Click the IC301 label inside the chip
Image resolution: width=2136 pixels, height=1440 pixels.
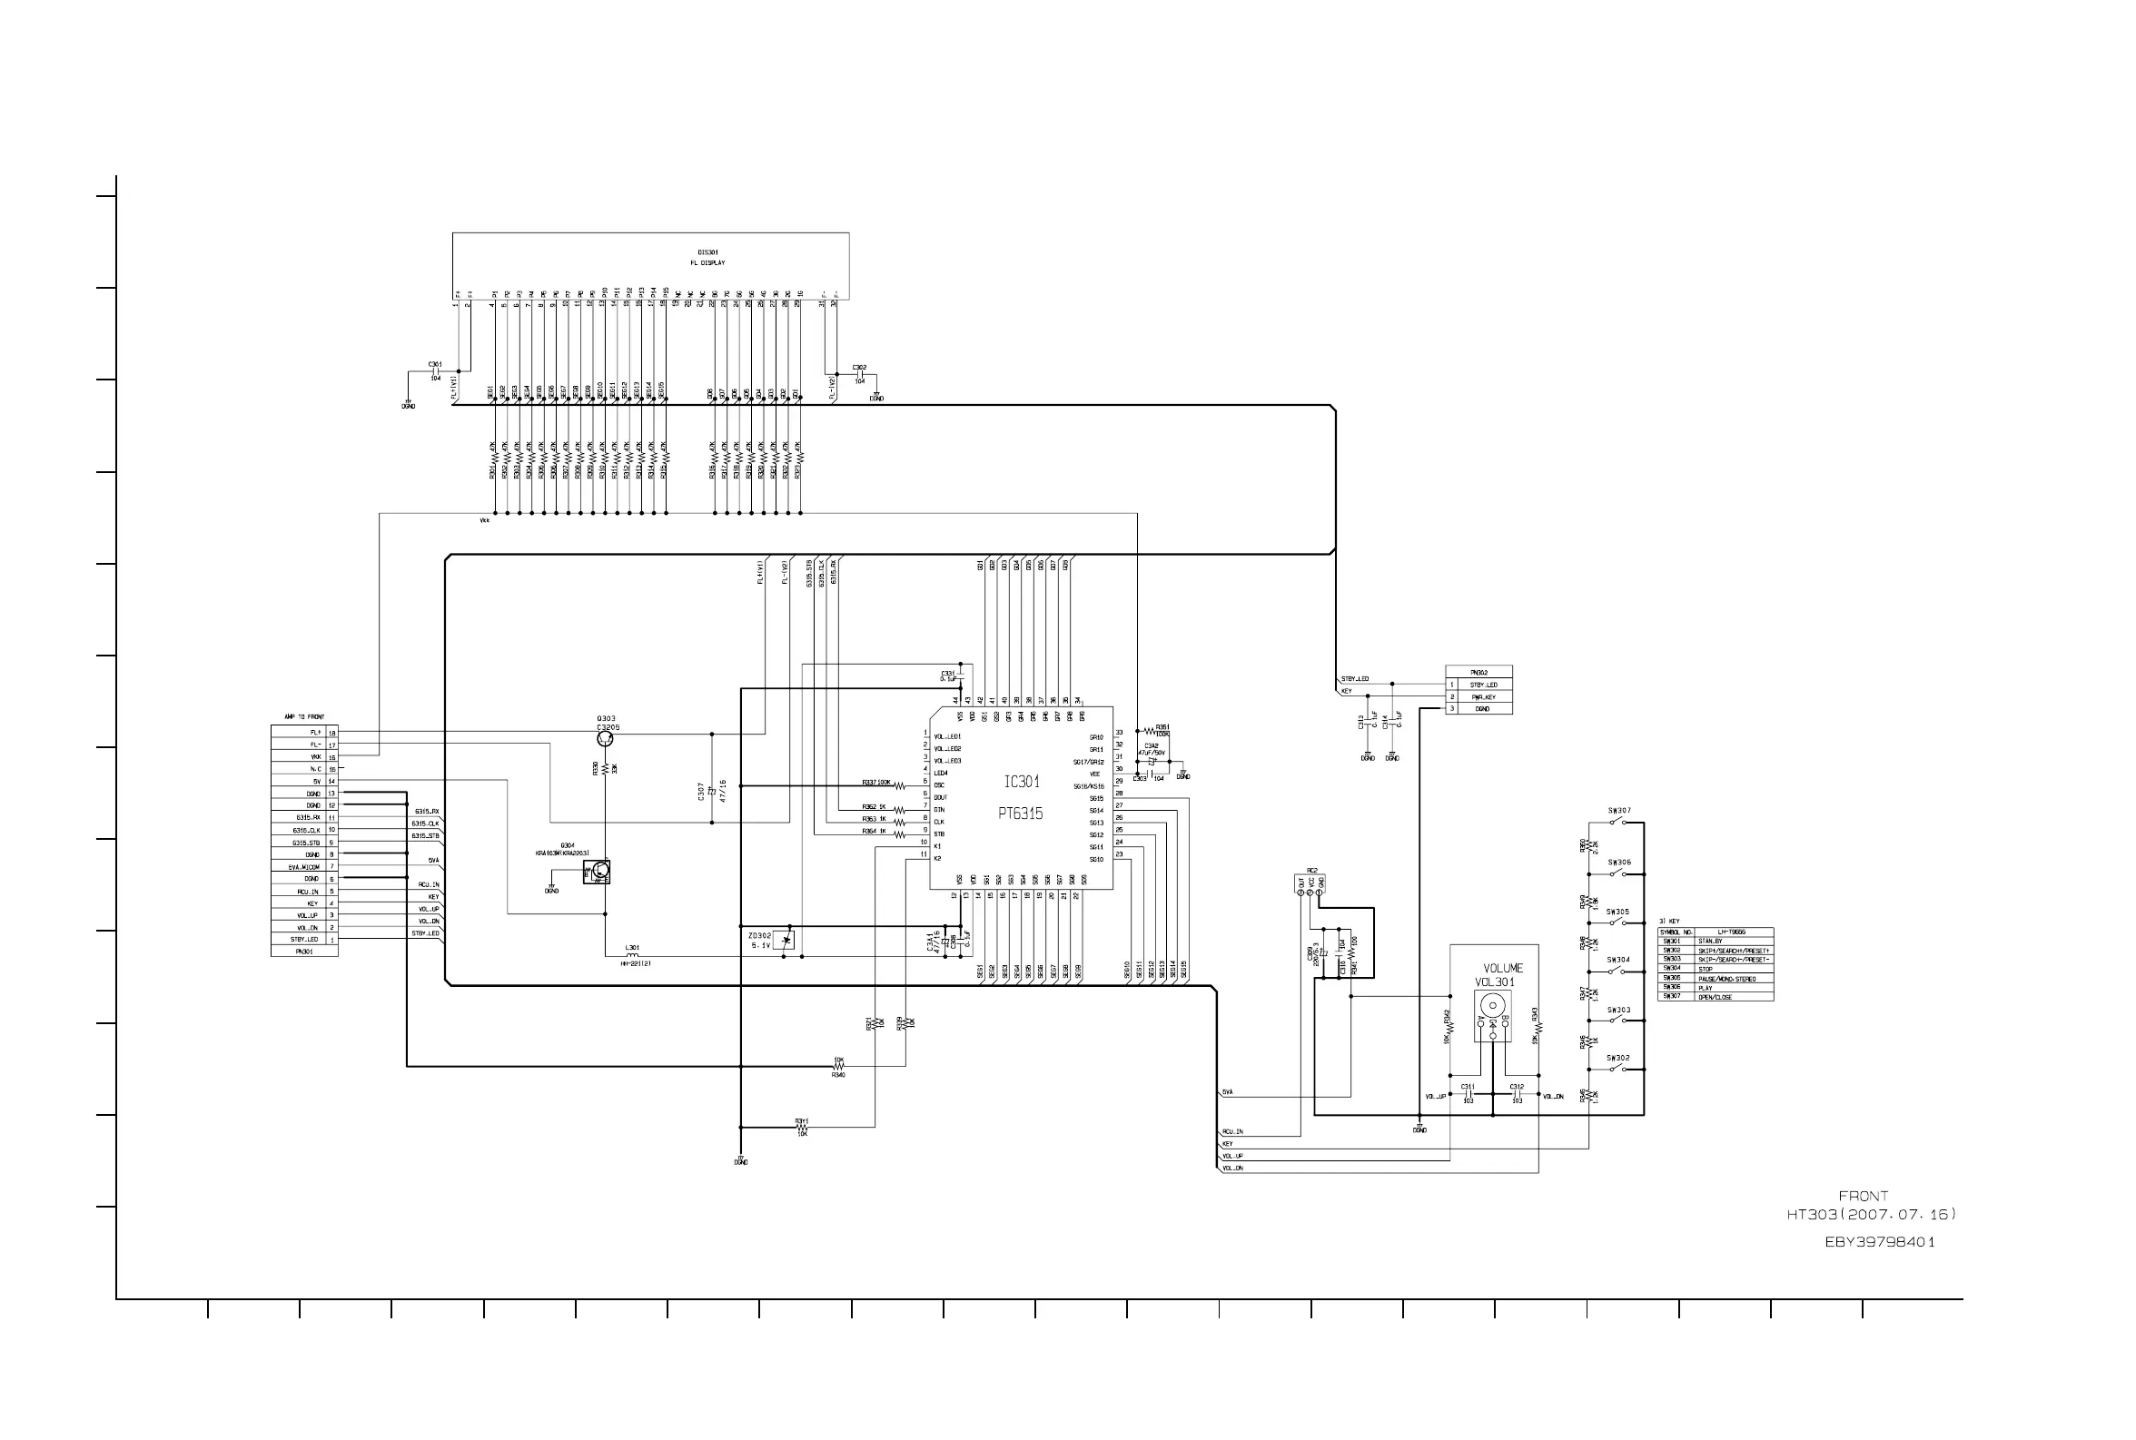click(x=1021, y=782)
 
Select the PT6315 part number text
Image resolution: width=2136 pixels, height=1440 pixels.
click(x=1020, y=813)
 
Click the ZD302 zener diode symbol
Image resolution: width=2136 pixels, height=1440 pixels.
click(x=786, y=940)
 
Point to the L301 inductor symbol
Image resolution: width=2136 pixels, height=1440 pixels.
click(x=633, y=956)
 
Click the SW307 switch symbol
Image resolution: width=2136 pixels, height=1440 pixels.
click(x=1618, y=822)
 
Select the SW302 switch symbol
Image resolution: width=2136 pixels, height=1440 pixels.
click(x=1618, y=1069)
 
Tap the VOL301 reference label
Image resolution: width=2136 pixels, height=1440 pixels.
click(x=1495, y=981)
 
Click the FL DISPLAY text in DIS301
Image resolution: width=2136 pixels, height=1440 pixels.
click(x=707, y=262)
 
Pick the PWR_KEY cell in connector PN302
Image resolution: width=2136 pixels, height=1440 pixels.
click(x=1483, y=697)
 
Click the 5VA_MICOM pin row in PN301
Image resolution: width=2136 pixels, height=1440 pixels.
click(x=305, y=867)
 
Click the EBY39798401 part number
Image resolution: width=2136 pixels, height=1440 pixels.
click(x=1879, y=1242)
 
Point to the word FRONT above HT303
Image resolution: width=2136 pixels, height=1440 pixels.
click(x=1864, y=1196)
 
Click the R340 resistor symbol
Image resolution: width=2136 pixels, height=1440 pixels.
click(x=838, y=1066)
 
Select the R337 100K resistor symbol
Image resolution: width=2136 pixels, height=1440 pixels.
click(x=900, y=786)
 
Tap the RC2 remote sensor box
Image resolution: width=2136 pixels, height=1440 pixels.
click(x=1310, y=883)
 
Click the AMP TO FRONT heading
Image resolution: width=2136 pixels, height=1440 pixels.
click(x=304, y=716)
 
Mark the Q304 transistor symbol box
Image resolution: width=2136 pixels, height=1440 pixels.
click(x=597, y=873)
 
